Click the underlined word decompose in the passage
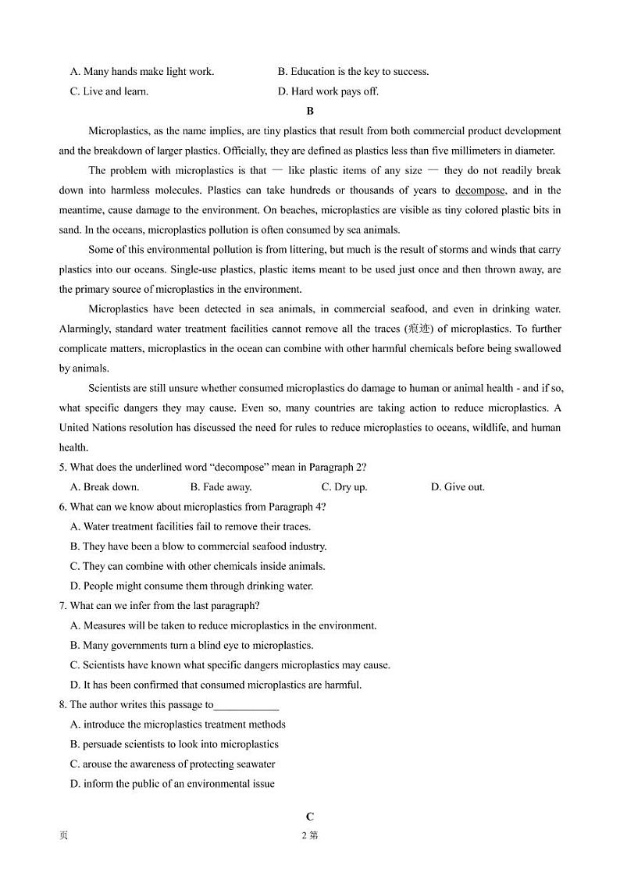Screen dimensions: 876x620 point(480,191)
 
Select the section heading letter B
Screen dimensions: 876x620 point(310,112)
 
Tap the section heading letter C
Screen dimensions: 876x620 point(310,817)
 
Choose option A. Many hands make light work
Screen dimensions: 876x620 point(142,72)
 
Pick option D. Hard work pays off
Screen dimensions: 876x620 point(328,91)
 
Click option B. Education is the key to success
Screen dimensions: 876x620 point(353,72)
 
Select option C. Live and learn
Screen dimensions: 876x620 point(109,91)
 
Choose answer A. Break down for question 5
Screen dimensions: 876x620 point(105,487)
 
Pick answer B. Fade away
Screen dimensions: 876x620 point(221,487)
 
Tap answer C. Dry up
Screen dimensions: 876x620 point(344,487)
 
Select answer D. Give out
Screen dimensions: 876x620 point(458,487)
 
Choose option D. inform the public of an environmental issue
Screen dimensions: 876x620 point(173,784)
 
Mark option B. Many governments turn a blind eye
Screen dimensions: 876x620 point(192,646)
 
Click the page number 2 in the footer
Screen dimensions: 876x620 point(305,835)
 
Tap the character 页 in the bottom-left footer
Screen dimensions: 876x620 point(63,835)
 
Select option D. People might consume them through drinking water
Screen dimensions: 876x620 point(192,586)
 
